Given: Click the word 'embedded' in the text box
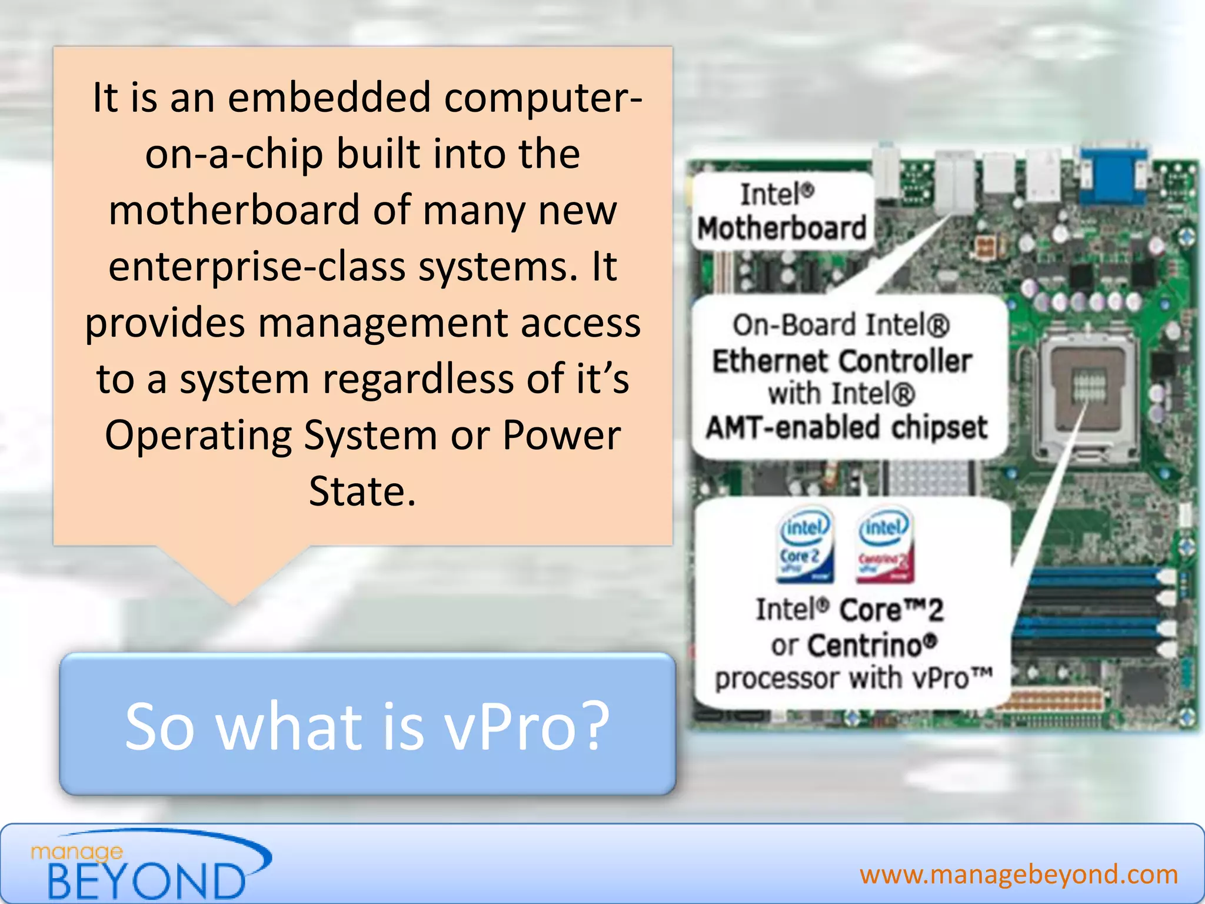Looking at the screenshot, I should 329,98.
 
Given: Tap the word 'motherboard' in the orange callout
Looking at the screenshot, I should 234,210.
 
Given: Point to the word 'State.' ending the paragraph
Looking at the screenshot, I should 362,491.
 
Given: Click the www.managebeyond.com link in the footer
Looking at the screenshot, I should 1018,875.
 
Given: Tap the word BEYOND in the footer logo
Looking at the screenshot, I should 145,881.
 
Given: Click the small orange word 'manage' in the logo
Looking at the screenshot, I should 77,852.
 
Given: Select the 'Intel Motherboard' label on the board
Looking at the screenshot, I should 781,212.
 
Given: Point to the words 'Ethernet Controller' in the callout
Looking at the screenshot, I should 841,361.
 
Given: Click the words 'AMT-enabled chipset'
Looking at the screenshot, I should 846,428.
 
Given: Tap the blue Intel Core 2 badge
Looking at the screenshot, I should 805,545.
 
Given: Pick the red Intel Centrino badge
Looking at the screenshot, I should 884,545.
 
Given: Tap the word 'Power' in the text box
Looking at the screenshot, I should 561,436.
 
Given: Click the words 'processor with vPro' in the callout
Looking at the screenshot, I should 853,679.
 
